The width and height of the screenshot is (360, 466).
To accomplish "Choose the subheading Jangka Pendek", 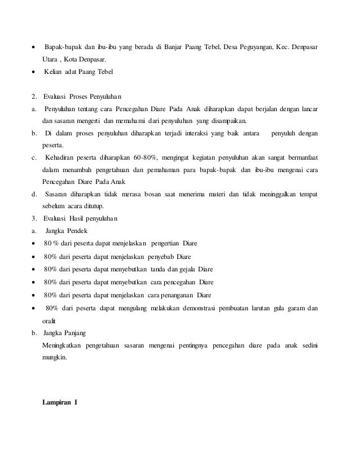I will click(65, 231).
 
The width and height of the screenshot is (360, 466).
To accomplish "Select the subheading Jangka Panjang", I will click(66, 332).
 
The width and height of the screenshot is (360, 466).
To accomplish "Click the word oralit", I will click(50, 320).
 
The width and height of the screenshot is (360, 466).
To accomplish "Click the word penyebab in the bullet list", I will click(160, 256).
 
